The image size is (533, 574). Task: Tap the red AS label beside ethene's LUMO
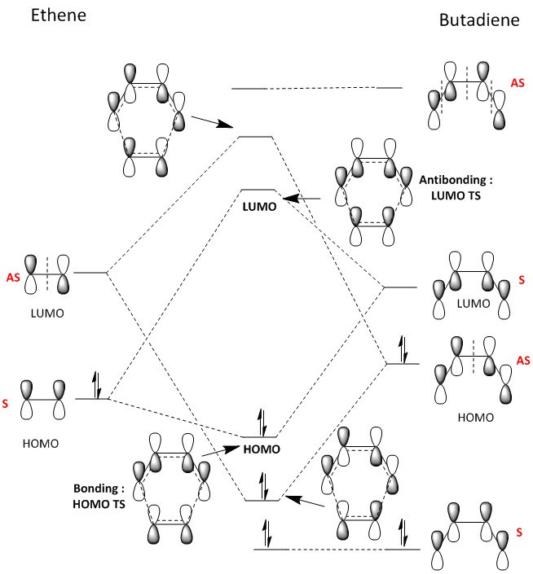click(x=13, y=277)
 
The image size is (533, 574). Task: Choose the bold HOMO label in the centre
click(x=261, y=449)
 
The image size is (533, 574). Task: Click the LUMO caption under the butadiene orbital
click(x=474, y=304)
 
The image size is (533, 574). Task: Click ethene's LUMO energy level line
click(x=90, y=272)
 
